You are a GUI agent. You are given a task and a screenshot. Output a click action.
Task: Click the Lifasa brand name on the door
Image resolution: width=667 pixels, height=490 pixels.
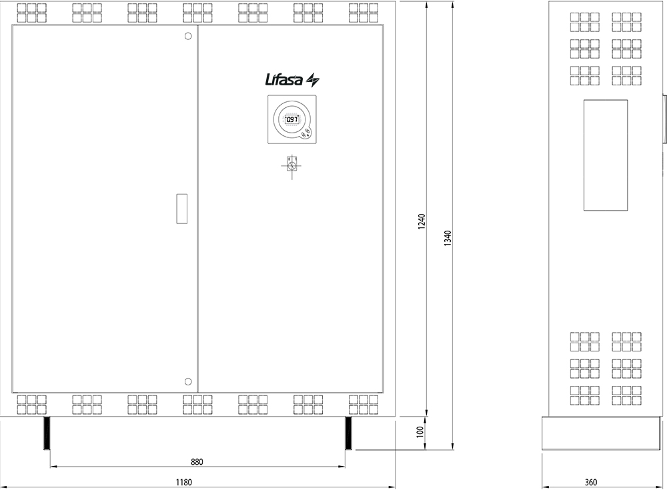pos(284,79)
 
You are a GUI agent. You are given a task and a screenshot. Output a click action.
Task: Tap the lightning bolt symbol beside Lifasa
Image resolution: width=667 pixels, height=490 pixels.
pos(313,79)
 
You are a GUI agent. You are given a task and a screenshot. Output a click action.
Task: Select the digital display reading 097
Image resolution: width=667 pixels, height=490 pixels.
pos(291,119)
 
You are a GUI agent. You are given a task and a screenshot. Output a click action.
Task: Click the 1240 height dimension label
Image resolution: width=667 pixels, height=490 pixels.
pos(422,221)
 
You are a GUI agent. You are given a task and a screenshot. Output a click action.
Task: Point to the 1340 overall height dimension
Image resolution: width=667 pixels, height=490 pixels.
pos(448,239)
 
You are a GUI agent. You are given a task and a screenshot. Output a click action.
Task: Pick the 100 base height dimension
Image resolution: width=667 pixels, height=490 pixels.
pos(420,432)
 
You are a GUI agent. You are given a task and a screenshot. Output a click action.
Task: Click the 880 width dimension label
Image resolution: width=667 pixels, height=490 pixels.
pos(197,461)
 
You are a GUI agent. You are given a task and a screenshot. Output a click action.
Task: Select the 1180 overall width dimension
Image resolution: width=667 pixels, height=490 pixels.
pos(184,483)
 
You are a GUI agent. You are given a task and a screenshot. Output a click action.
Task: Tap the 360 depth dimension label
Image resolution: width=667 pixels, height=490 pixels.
pos(591,483)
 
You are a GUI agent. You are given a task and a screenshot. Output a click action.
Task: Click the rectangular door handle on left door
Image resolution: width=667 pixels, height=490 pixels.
pos(181,209)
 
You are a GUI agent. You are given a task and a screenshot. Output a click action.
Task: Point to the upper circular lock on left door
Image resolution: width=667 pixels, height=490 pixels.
pos(188,36)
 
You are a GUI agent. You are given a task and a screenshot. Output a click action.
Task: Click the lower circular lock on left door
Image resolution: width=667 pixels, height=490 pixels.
pos(188,381)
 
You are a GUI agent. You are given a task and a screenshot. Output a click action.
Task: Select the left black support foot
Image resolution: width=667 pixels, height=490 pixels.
pos(47,433)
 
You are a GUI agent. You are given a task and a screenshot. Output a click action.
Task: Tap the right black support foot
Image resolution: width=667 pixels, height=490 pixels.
pos(348,433)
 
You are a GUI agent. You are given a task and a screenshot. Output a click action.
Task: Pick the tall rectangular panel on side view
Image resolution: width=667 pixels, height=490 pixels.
pos(606,155)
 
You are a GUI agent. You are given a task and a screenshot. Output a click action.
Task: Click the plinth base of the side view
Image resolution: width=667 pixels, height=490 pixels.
pos(601,433)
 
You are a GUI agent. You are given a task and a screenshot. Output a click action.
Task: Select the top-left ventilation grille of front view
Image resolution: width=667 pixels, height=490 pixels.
pos(32,13)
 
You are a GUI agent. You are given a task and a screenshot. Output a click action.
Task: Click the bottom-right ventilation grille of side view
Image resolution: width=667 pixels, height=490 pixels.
pos(626,395)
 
